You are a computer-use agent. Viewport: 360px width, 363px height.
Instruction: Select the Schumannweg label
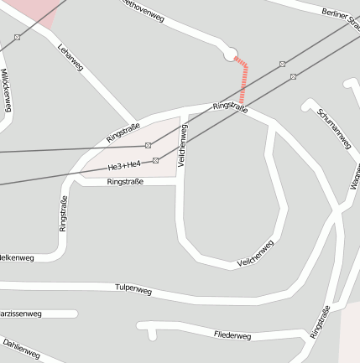pyautogui.click(x=334, y=127)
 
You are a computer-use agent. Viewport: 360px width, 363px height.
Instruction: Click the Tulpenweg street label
pyautogui.click(x=133, y=289)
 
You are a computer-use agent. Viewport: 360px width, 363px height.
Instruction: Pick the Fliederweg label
pyautogui.click(x=232, y=335)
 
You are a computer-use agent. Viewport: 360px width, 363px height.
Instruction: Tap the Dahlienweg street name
pyautogui.click(x=21, y=349)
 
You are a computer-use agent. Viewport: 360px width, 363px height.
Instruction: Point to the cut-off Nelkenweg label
pyautogui.click(x=17, y=257)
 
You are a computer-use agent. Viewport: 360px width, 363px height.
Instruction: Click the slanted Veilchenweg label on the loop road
pyautogui.click(x=255, y=254)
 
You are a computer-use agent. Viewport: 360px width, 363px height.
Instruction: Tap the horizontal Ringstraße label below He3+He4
pyautogui.click(x=126, y=181)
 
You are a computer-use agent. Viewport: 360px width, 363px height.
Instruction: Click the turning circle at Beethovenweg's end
pyautogui.click(x=230, y=54)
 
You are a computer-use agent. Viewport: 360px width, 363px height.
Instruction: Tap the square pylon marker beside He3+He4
pyautogui.click(x=155, y=159)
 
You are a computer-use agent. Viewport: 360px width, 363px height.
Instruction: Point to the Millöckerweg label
pyautogui.click(x=6, y=91)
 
